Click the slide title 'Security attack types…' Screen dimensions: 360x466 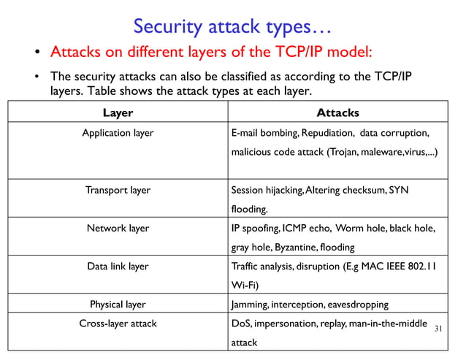pos(232,26)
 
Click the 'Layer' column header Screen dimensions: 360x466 pos(118,113)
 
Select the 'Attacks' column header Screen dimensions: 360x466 pos(337,113)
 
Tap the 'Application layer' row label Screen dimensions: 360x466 pos(118,134)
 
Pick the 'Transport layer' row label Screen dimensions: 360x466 pos(118,190)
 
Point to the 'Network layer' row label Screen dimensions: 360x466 pos(118,228)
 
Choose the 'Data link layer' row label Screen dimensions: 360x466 pos(118,266)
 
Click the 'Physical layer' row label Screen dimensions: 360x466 pos(118,304)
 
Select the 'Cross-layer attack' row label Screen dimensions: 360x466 pos(118,323)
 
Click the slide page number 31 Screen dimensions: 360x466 pos(438,329)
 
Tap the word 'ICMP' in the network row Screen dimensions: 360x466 pos(296,228)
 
